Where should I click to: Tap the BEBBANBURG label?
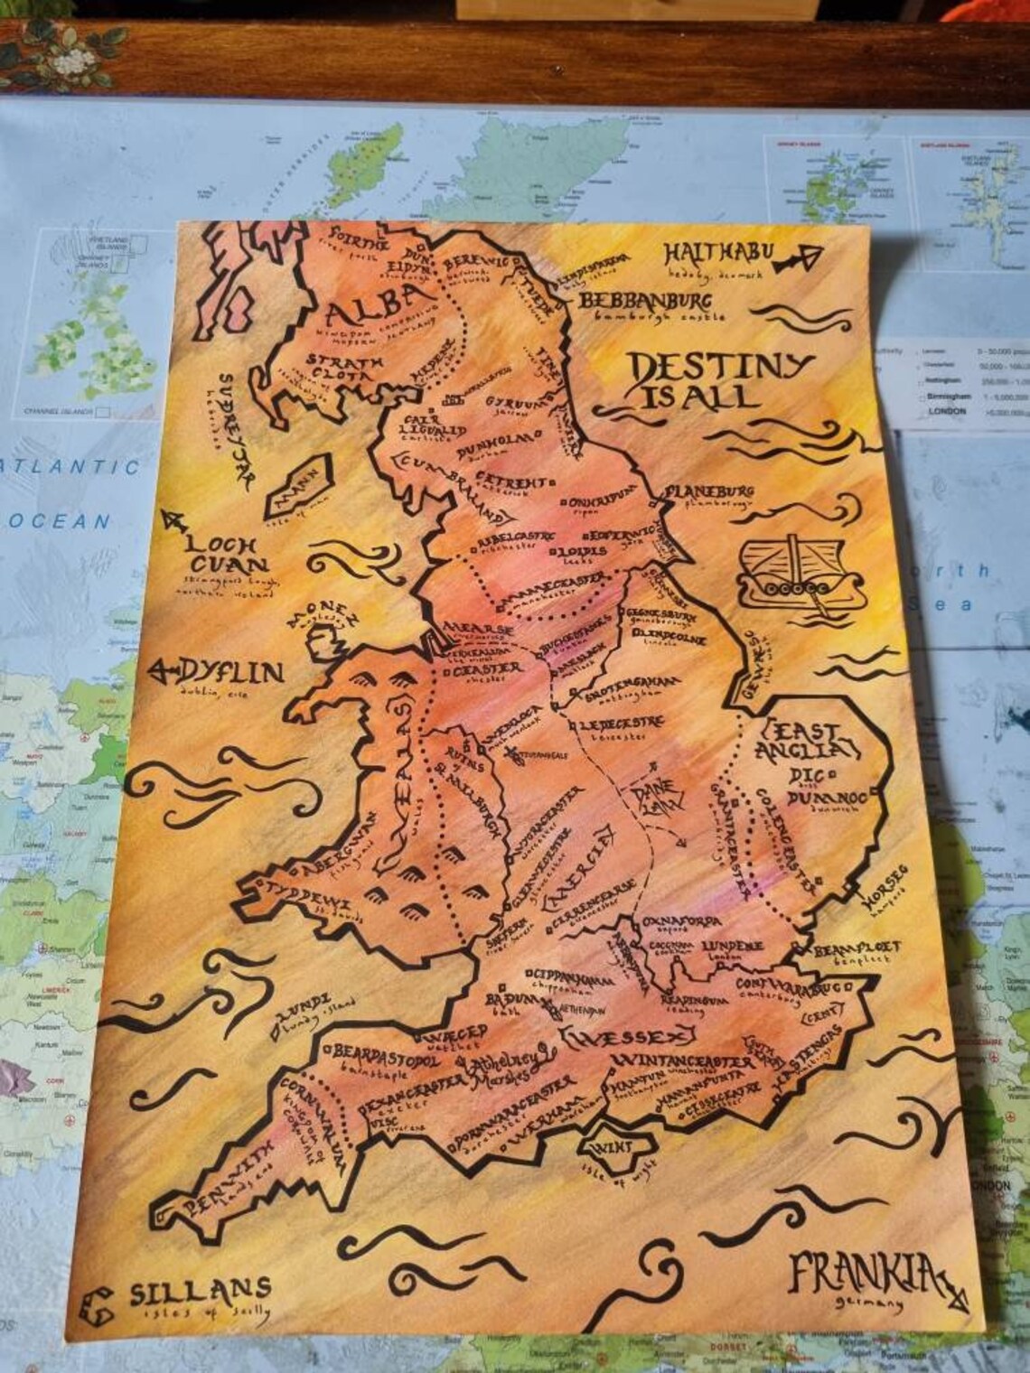click(x=645, y=301)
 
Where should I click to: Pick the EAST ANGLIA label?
click(x=809, y=740)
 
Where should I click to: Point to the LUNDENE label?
click(x=732, y=946)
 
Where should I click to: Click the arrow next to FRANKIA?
click(x=948, y=1283)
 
